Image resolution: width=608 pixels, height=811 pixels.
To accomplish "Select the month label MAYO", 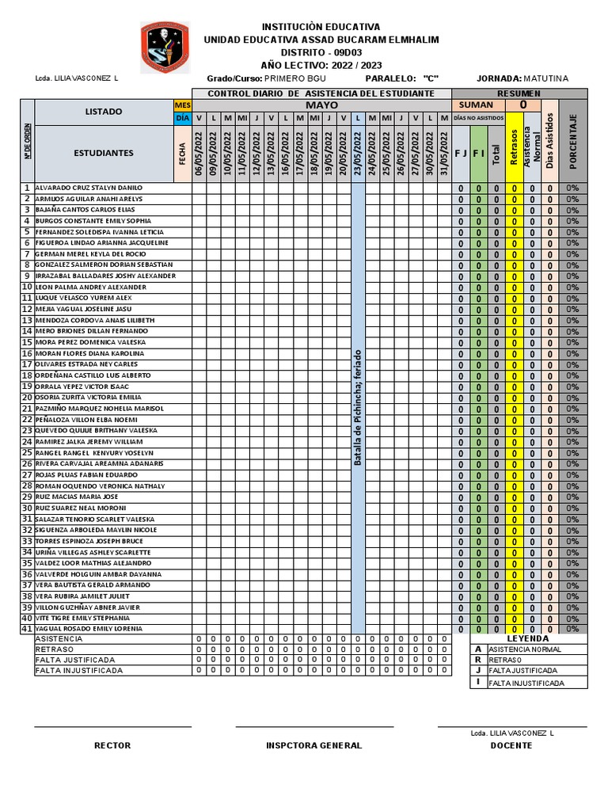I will click(321, 105).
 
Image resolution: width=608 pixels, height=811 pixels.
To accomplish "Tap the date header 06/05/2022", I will click(199, 153).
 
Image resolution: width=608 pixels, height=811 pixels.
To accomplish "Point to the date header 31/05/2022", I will click(444, 153).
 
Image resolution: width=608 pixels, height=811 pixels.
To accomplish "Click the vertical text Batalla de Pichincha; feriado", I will click(358, 407).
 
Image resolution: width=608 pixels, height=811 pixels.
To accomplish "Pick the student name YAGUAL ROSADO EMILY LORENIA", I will click(89, 628).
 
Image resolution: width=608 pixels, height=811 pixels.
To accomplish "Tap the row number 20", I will click(26, 397).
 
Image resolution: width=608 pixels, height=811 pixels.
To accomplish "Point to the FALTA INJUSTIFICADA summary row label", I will click(79, 670).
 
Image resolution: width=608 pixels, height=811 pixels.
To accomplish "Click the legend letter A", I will click(477, 649).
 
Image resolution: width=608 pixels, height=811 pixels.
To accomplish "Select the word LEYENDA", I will click(527, 638).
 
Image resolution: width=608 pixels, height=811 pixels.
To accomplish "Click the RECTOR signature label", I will click(112, 745).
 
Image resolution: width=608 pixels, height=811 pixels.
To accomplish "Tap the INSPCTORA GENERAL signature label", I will click(314, 745).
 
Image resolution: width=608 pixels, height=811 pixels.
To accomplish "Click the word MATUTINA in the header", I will click(545, 78).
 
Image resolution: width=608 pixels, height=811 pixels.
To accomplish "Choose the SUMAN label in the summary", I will click(476, 105).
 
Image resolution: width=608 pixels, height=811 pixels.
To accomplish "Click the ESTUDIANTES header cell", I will click(104, 153).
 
